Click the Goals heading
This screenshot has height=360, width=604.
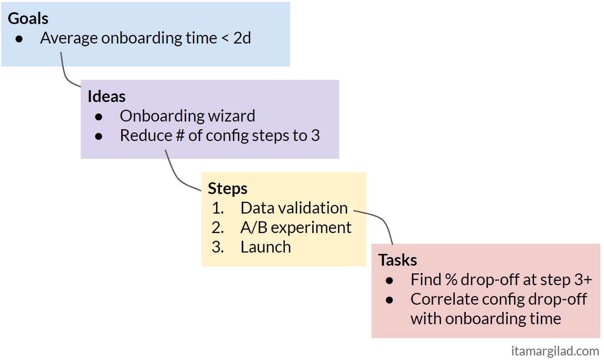(28, 19)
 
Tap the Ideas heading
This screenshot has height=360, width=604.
(106, 97)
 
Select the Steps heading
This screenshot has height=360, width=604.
(227, 189)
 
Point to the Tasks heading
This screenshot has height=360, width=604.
(398, 260)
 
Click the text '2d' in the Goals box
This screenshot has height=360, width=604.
(242, 38)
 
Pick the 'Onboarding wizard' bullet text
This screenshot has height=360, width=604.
(187, 116)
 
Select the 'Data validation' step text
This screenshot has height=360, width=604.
(294, 208)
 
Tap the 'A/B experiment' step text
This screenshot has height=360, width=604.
(296, 228)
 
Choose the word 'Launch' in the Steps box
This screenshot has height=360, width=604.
(265, 247)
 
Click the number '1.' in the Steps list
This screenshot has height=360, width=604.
(218, 208)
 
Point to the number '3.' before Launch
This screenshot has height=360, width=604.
(218, 247)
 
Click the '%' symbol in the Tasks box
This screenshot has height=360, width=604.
(451, 280)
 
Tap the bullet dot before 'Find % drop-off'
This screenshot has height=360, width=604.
(389, 281)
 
